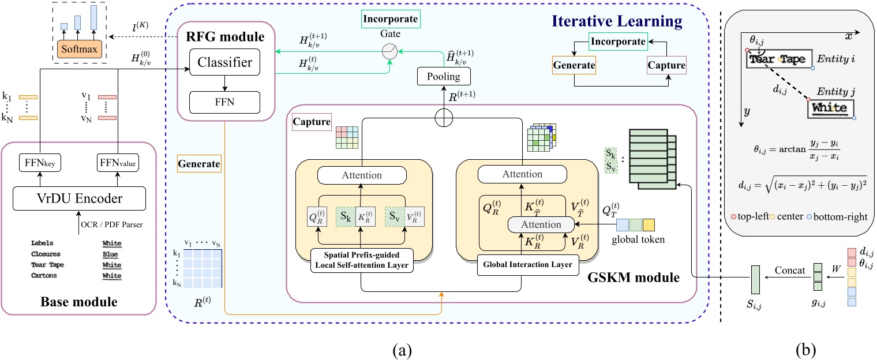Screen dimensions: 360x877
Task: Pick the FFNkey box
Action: tap(40, 164)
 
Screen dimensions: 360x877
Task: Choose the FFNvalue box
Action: tap(117, 164)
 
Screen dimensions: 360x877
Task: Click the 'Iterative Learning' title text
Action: tap(617, 22)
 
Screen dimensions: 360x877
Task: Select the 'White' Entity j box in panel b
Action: tap(831, 108)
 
